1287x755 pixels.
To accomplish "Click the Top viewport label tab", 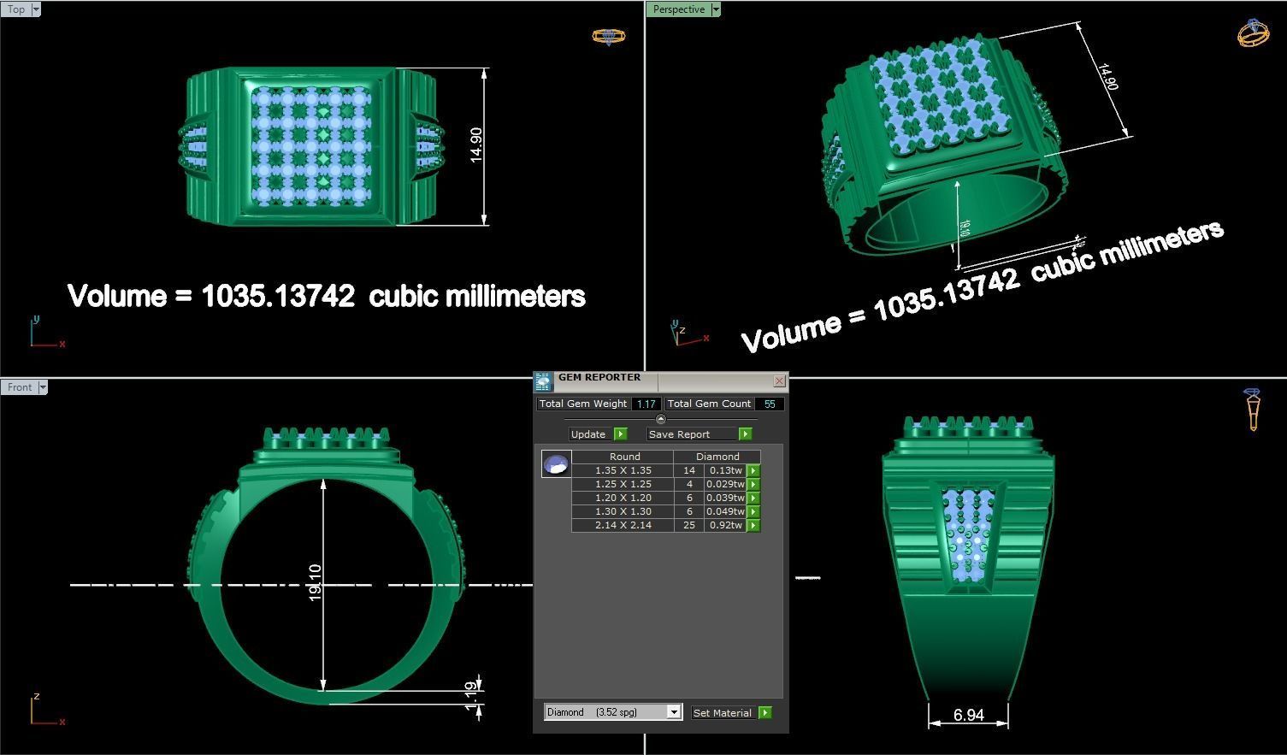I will (x=16, y=9).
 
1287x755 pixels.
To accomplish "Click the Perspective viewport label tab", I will (x=679, y=9).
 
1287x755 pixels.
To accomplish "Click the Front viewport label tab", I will (x=19, y=387).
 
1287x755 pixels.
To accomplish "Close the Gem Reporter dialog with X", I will (x=779, y=380).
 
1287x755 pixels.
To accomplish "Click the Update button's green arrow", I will (x=621, y=434).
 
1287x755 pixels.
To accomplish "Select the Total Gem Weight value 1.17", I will (x=646, y=404).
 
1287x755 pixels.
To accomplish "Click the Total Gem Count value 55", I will (x=769, y=404).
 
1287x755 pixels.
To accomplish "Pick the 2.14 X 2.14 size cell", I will (x=623, y=525).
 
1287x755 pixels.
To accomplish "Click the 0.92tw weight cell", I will (x=725, y=525).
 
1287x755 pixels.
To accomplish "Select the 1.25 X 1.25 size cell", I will (x=623, y=484).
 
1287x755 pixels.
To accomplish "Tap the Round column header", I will (x=624, y=457).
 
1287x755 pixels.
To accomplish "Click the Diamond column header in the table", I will (x=717, y=457).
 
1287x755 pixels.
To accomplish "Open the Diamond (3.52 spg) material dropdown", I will (x=674, y=712).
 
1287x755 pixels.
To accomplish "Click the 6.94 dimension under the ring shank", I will (x=968, y=715).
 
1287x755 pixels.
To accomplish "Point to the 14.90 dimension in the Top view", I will (x=476, y=145).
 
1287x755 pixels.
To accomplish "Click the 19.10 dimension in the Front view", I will (x=315, y=582).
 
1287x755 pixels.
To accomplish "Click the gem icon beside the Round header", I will (x=556, y=464).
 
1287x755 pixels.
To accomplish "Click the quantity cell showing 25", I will (x=688, y=525).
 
